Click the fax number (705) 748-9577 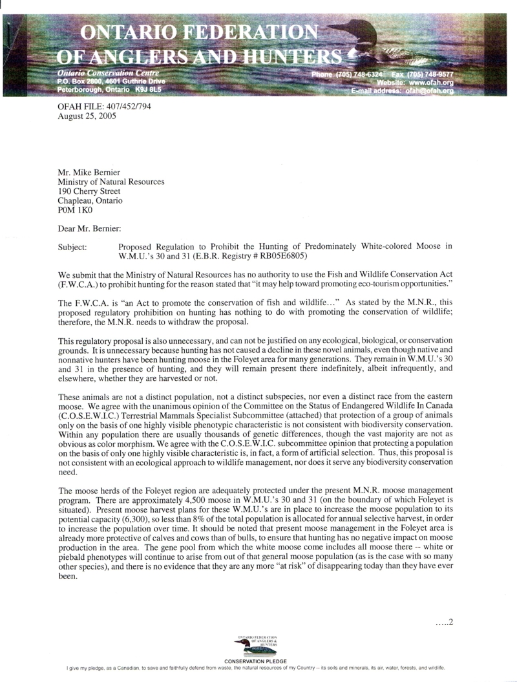point(433,75)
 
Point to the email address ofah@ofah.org point(430,92)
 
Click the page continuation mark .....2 point(445,623)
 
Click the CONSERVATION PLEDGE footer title point(257,662)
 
